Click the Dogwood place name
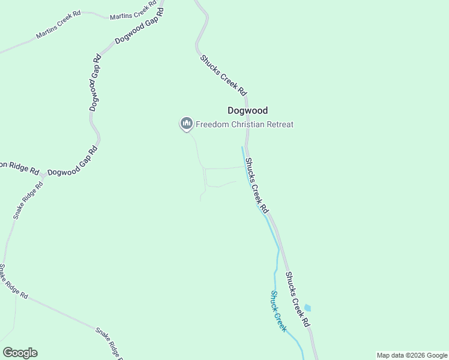(x=247, y=110)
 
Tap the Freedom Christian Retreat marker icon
(x=186, y=124)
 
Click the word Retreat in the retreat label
(x=279, y=124)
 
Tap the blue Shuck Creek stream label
(x=278, y=311)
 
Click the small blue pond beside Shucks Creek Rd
(x=308, y=308)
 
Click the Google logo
(x=20, y=353)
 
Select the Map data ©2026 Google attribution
(x=412, y=355)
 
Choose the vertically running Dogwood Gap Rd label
(x=95, y=84)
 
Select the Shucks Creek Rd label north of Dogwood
(x=223, y=76)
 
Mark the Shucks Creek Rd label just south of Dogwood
(x=256, y=185)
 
